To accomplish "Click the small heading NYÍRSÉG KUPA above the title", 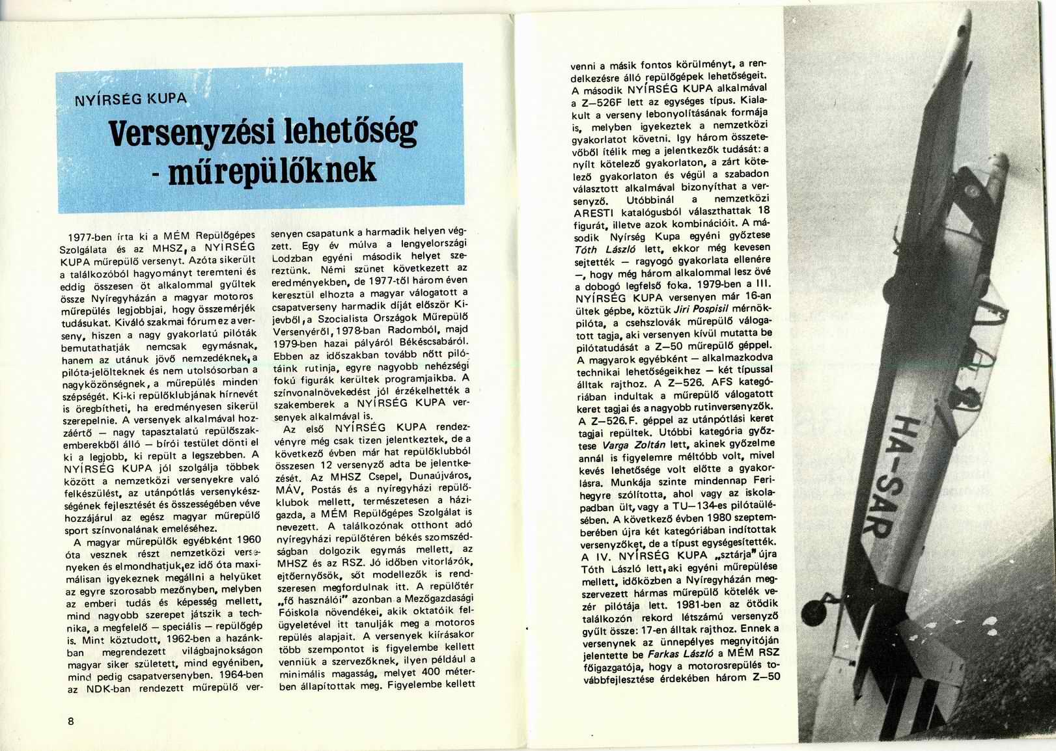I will [132, 100].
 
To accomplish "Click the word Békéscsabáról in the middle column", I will [438, 340].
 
